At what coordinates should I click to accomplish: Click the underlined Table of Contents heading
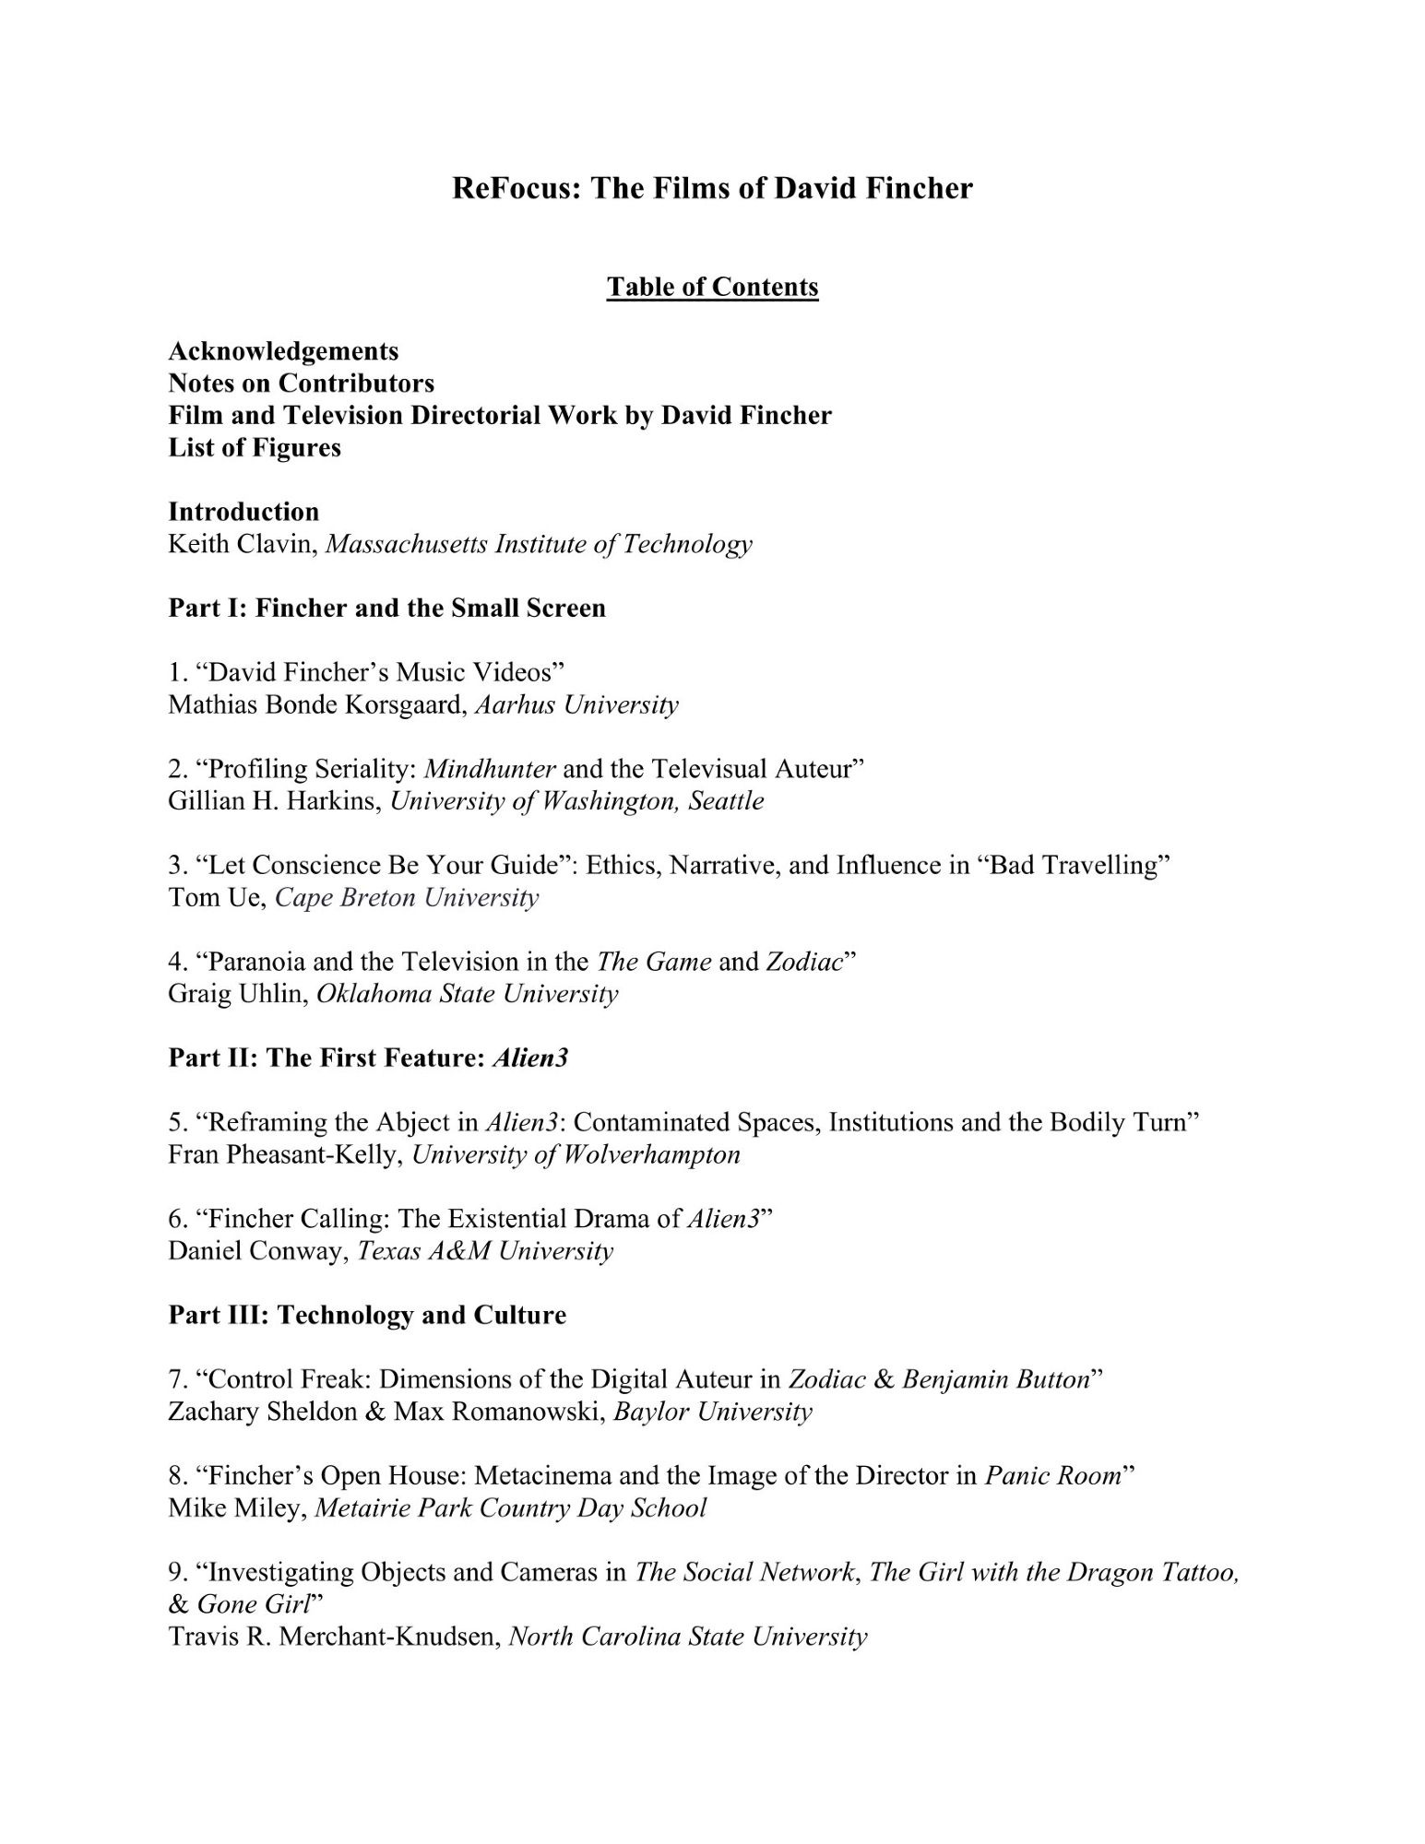tap(712, 288)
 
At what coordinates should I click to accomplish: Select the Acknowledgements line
tap(283, 351)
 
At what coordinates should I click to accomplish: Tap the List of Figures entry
tap(255, 448)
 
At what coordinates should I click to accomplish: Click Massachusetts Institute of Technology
tap(539, 545)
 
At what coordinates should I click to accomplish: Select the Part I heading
tap(386, 609)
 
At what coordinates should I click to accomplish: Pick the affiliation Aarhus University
tap(576, 705)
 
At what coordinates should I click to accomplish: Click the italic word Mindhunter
tap(490, 769)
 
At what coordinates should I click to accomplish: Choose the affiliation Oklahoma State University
tap(467, 994)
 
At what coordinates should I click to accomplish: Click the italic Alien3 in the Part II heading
tap(530, 1058)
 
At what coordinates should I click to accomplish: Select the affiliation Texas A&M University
tap(485, 1251)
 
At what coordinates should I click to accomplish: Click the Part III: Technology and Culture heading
tap(367, 1316)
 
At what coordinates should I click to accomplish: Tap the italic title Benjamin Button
tap(996, 1380)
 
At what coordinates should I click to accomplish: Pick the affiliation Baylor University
tap(713, 1413)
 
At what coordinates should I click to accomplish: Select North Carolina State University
tap(688, 1637)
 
